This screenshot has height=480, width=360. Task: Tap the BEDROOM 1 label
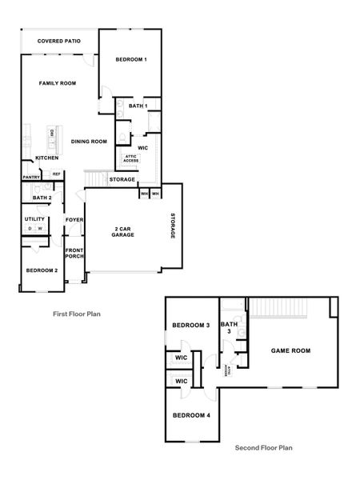[131, 60]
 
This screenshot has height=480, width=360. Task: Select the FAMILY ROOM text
[58, 83]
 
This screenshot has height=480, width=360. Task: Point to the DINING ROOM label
[89, 142]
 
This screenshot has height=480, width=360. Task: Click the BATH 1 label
[138, 106]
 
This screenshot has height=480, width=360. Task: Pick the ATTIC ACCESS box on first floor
[130, 158]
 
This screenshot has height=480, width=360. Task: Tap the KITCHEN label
[47, 158]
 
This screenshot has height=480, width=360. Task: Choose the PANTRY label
[31, 177]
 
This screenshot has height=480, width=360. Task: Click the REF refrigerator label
[57, 174]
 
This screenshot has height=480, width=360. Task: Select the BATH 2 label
[42, 198]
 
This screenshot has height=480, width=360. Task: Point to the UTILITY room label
[34, 218]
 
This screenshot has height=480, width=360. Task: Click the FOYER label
[74, 219]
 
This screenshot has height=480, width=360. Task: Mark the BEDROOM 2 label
[42, 270]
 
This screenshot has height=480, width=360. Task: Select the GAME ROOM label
[290, 350]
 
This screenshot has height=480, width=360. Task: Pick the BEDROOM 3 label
[191, 326]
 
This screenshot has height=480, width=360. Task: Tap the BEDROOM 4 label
[191, 415]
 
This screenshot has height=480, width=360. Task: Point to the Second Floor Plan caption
[263, 448]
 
